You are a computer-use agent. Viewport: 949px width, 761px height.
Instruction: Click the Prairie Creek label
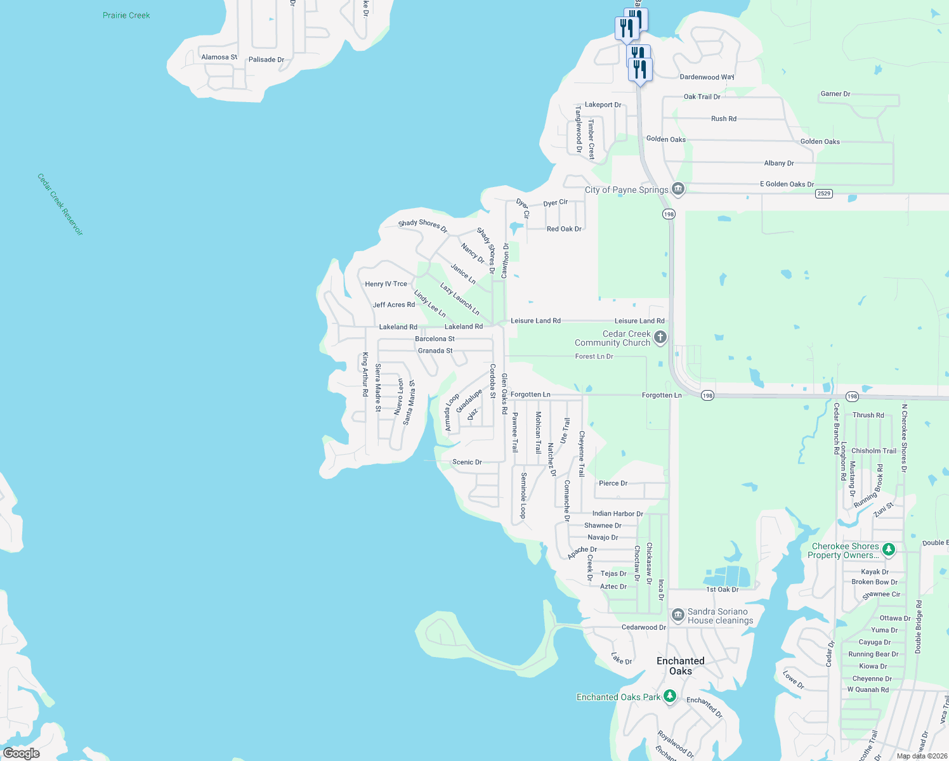(x=126, y=15)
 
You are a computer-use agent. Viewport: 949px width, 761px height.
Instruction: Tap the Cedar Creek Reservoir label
(x=60, y=204)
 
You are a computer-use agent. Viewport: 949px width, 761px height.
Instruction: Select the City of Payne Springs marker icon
(x=678, y=189)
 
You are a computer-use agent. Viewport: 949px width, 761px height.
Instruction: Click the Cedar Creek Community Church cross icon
(x=660, y=337)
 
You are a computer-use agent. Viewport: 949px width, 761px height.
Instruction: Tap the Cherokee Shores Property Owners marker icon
(x=889, y=550)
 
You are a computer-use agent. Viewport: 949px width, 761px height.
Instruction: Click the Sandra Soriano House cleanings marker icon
(x=678, y=615)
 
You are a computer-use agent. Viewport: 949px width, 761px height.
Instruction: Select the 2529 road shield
(x=823, y=193)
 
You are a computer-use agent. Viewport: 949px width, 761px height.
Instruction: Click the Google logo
(x=22, y=753)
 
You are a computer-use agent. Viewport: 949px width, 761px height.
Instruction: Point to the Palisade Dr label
(x=266, y=60)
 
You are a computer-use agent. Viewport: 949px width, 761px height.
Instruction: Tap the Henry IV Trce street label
(x=386, y=284)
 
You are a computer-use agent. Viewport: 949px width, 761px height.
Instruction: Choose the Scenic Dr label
(x=467, y=462)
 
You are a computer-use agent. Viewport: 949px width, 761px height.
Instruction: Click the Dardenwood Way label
(x=707, y=77)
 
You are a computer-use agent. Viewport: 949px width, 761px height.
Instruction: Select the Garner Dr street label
(x=835, y=94)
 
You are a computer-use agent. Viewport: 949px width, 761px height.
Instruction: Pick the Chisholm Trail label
(x=874, y=451)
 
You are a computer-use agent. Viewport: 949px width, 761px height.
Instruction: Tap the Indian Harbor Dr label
(x=617, y=514)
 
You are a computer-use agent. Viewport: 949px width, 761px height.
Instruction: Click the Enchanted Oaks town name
(x=680, y=666)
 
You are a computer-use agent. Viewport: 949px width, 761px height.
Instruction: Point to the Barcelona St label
(x=435, y=339)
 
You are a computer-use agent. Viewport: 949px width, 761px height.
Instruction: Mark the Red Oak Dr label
(x=564, y=229)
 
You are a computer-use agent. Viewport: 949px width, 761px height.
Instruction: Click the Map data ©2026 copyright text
(x=922, y=756)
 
